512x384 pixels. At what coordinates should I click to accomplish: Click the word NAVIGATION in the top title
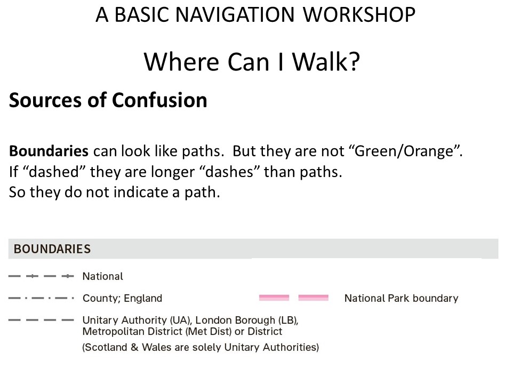(x=235, y=15)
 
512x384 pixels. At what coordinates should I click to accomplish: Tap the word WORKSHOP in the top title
(x=359, y=15)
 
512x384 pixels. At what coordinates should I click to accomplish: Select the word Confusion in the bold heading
(x=159, y=100)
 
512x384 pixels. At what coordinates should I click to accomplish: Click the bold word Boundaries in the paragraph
(x=49, y=151)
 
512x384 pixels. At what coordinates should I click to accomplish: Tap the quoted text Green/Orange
(x=404, y=151)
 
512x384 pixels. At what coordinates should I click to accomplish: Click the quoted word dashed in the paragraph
(x=54, y=172)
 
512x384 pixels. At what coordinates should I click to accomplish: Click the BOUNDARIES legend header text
(x=52, y=249)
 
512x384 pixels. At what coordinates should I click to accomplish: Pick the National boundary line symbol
(x=41, y=276)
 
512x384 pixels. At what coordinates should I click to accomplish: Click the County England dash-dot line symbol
(x=41, y=298)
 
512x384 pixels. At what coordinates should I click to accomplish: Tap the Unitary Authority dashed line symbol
(x=41, y=320)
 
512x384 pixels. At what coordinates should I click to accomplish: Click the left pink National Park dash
(x=274, y=298)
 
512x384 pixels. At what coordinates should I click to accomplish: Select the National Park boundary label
(x=401, y=298)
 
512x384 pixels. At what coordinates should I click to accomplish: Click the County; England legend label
(x=123, y=299)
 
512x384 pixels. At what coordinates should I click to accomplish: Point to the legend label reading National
(x=103, y=276)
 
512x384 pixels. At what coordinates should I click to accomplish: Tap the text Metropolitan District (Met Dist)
(x=157, y=331)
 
